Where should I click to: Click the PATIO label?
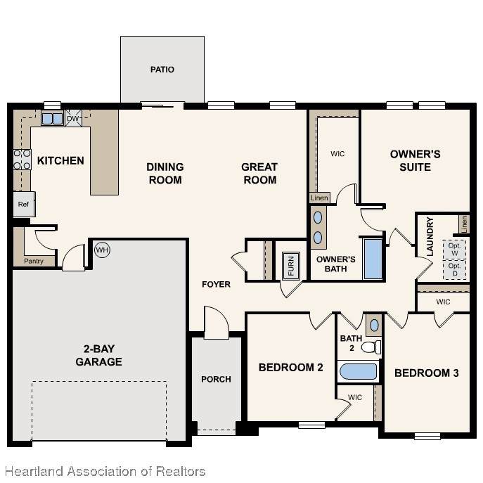pyautogui.click(x=162, y=70)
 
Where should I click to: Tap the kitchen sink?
pyautogui.click(x=52, y=119)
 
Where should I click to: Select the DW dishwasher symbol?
pyautogui.click(x=74, y=118)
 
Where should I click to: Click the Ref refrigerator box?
pyautogui.click(x=24, y=204)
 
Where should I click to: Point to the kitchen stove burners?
pyautogui.click(x=22, y=160)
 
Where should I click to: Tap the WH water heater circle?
pyautogui.click(x=102, y=250)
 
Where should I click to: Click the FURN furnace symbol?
pyautogui.click(x=291, y=266)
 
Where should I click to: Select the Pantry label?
pyautogui.click(x=34, y=262)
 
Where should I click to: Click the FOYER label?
pyautogui.click(x=217, y=284)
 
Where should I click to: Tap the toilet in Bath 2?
pyautogui.click(x=371, y=347)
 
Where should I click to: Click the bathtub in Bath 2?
pyautogui.click(x=359, y=371)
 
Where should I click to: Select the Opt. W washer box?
pyautogui.click(x=455, y=250)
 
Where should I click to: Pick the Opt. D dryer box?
pyautogui.click(x=455, y=269)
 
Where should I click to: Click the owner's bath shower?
pyautogui.click(x=373, y=259)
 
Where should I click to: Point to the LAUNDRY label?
pyautogui.click(x=430, y=236)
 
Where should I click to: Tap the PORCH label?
pyautogui.click(x=217, y=379)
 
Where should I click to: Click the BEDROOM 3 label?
pyautogui.click(x=427, y=373)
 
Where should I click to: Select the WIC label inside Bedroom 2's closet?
pyautogui.click(x=355, y=397)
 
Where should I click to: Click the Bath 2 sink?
pyautogui.click(x=374, y=326)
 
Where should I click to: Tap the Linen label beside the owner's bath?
pyautogui.click(x=319, y=198)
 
